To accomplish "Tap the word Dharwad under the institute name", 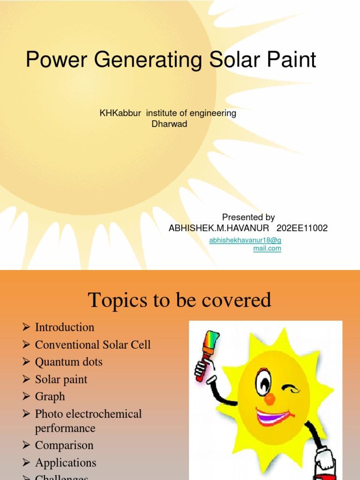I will click(x=169, y=124).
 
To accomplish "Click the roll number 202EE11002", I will click(x=302, y=228).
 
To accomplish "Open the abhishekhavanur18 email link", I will click(x=245, y=244).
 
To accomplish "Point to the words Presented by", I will click(x=248, y=217).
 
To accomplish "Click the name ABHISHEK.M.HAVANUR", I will click(x=219, y=228).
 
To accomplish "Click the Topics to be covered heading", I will click(x=180, y=300).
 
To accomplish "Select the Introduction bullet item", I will click(x=65, y=327).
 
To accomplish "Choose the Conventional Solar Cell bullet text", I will click(x=93, y=345).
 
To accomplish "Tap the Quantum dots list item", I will click(x=68, y=362).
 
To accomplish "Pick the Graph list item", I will click(x=50, y=397).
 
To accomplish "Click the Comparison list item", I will click(x=64, y=445).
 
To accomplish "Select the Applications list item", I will click(x=66, y=463).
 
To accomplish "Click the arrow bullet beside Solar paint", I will click(x=26, y=380).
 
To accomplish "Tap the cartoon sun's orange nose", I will click(x=270, y=399).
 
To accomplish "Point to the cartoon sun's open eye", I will click(x=263, y=382).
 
